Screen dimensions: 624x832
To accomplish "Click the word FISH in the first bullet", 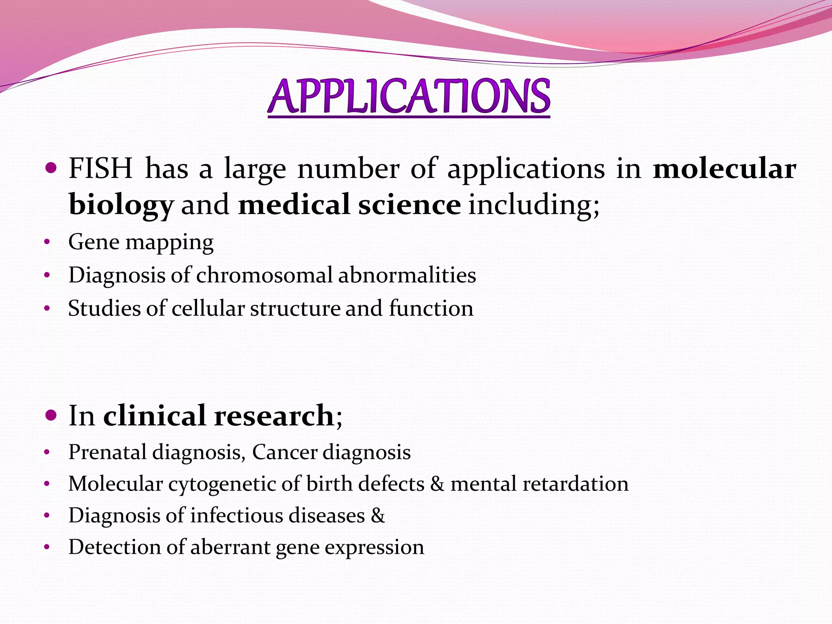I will (100, 168).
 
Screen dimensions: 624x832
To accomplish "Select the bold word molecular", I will (724, 168).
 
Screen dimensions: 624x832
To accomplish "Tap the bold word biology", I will (121, 205).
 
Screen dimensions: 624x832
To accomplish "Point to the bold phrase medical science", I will (349, 204).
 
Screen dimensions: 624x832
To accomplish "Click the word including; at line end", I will (534, 205).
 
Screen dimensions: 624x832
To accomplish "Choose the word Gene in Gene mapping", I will (94, 242).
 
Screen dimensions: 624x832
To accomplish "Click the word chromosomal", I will (264, 275).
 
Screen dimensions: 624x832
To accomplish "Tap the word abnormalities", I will (407, 275).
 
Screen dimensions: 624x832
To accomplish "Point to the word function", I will (431, 308).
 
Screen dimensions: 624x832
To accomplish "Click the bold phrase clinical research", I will (218, 416).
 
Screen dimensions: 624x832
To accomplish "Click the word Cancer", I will (284, 452).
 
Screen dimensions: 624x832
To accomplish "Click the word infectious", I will (236, 516).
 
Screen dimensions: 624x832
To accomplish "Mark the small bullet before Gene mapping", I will (47, 243).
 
